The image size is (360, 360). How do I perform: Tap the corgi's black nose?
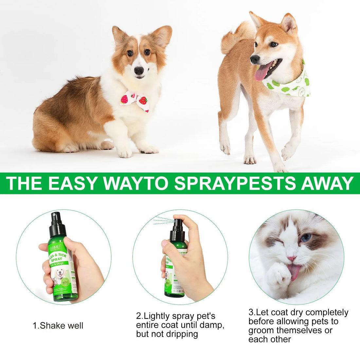coord(139,70)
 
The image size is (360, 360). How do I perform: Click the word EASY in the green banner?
coord(73,183)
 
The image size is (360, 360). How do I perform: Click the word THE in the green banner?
coord(24,183)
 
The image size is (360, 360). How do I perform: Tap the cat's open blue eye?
coord(306,238)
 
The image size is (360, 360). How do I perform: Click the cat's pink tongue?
coord(294,272)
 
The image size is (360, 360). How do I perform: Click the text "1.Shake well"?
coord(58,326)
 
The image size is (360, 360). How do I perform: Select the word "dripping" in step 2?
coord(181,334)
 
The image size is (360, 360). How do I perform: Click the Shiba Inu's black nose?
coord(255,59)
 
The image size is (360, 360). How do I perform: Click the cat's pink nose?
coord(291,259)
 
